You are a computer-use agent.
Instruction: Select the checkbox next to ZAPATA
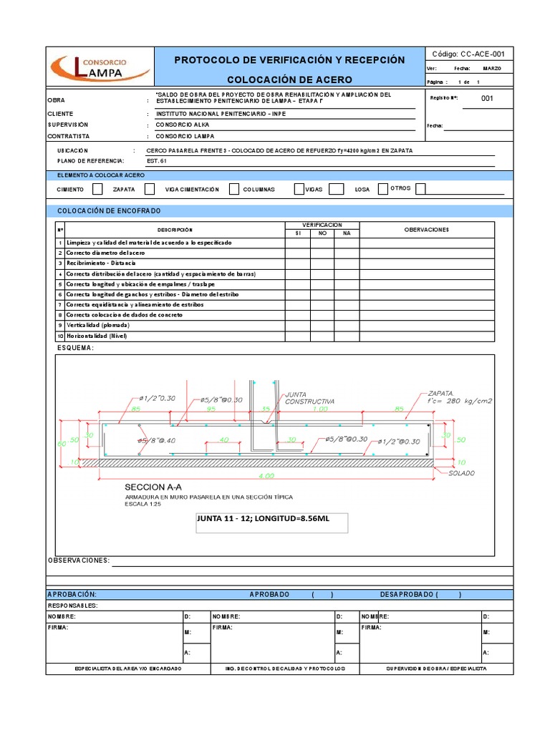150,189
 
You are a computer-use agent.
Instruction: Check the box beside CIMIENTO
97,189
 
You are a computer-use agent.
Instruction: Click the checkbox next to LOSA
382,189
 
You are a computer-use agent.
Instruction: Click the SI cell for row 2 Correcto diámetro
297,253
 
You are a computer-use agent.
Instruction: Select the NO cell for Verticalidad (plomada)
322,326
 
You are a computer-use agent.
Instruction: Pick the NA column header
347,233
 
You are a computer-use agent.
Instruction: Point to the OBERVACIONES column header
426,229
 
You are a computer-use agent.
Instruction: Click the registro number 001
487,99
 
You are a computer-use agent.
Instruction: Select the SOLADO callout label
462,473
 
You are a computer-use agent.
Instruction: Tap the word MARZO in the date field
492,68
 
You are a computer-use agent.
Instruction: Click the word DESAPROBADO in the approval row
407,594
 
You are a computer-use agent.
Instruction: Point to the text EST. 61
157,161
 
